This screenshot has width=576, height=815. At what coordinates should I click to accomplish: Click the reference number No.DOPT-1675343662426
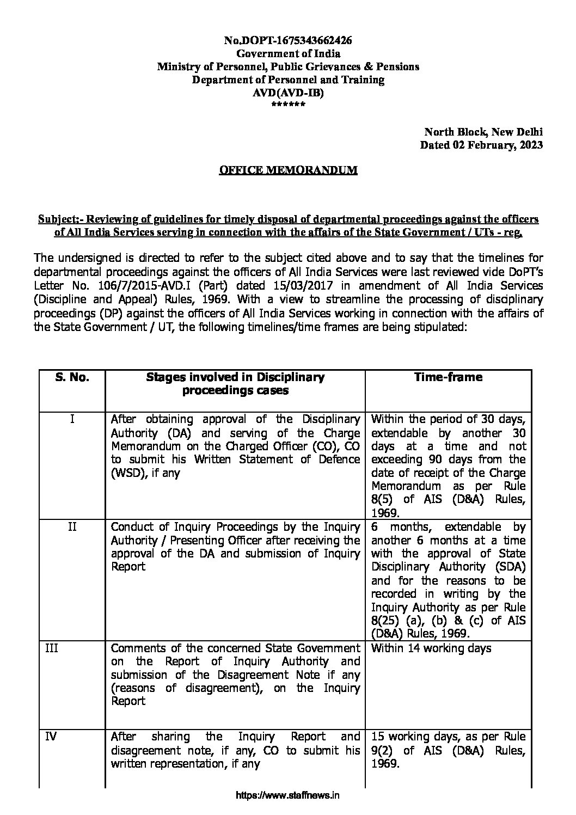(x=288, y=40)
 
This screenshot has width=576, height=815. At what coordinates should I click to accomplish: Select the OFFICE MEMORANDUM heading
(x=288, y=170)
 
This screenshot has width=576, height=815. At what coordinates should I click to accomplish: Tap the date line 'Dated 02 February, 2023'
(x=481, y=145)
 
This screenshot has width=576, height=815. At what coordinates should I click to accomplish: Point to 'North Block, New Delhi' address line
(x=483, y=132)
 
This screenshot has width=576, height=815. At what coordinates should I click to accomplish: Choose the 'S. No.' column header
(x=72, y=377)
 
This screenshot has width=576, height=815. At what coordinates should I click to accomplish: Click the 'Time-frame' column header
(x=448, y=377)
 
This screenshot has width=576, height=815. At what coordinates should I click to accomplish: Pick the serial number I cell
(x=72, y=420)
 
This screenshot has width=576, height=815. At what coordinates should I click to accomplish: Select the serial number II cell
(x=72, y=527)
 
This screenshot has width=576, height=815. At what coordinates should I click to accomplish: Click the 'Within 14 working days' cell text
(x=431, y=648)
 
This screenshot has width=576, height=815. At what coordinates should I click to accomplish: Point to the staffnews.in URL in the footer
(x=288, y=795)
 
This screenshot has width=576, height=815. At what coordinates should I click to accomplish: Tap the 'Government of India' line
(x=288, y=53)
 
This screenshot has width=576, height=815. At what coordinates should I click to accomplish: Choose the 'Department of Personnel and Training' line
(x=288, y=80)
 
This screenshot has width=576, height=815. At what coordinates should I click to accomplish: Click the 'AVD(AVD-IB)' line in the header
(x=288, y=93)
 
